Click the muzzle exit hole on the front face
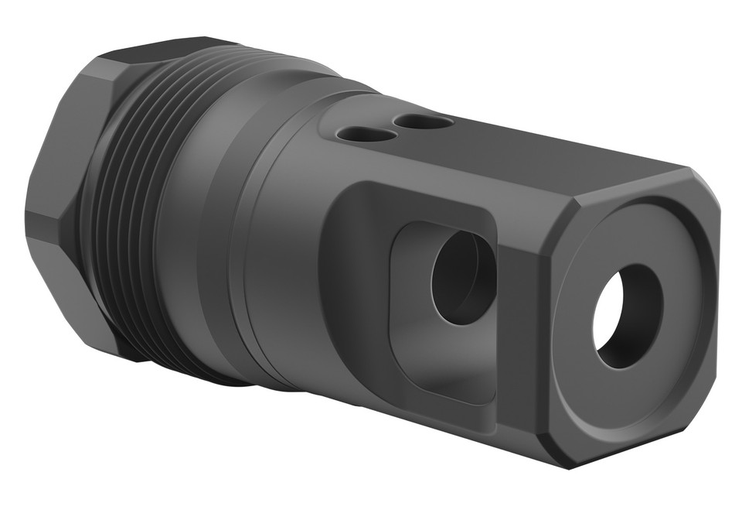coord(627,317)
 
